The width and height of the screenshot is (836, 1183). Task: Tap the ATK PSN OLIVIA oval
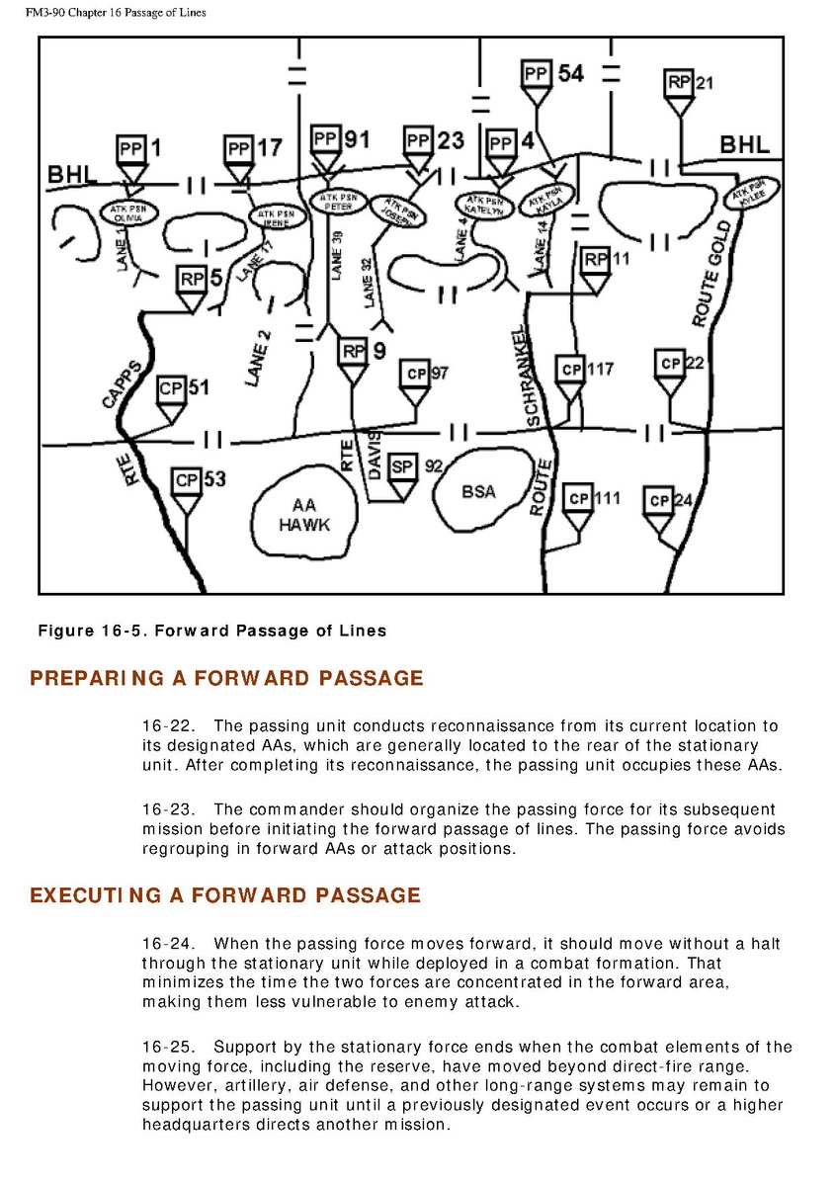(129, 212)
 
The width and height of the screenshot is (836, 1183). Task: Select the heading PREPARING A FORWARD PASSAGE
(226, 679)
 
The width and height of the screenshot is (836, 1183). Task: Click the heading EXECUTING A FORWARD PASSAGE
(225, 896)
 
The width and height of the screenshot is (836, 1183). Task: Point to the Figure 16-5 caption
(211, 631)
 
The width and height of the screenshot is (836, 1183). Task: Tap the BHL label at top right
(744, 144)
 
